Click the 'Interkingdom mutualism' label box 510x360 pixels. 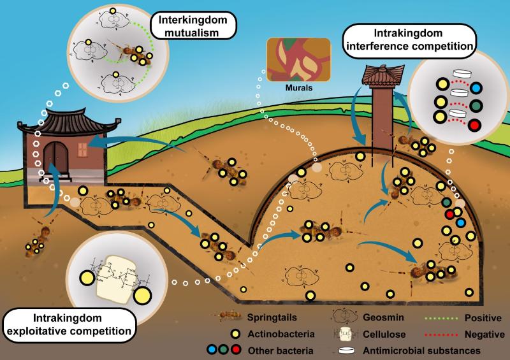[193, 25]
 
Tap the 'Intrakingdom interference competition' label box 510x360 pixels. [409, 40]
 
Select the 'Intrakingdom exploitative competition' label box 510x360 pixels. [69, 325]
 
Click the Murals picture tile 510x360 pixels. [298, 59]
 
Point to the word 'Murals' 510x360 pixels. [299, 87]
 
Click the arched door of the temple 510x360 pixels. [56, 159]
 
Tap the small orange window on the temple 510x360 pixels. [83, 150]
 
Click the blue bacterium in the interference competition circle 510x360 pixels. [476, 88]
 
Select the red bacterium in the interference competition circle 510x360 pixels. [474, 125]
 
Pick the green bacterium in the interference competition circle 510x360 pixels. [476, 106]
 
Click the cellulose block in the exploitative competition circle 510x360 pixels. [115, 279]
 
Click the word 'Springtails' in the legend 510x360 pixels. [272, 317]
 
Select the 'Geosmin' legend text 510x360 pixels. [383, 317]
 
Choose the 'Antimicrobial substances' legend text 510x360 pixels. [421, 350]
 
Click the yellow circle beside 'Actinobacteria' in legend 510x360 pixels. [235, 334]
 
